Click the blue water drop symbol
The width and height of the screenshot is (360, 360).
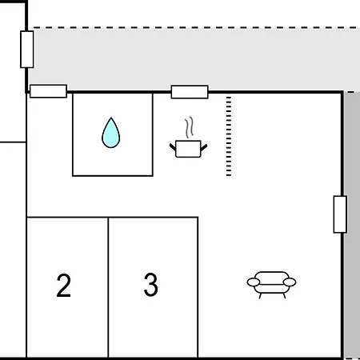[111, 133]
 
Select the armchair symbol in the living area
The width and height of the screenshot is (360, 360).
[271, 285]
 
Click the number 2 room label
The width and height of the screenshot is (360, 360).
[64, 285]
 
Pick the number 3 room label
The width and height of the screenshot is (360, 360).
[151, 285]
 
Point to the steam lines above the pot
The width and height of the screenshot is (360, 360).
[189, 127]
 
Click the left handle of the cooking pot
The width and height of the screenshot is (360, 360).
[173, 147]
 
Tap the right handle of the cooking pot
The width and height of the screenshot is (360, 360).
[204, 147]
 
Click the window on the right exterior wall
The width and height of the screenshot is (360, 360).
[340, 214]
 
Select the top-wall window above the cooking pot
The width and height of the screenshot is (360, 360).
[190, 92]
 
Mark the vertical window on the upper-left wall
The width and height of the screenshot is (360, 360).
[27, 50]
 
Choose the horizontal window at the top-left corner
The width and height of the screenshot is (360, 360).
[48, 91]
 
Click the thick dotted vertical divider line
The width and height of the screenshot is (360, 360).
[229, 136]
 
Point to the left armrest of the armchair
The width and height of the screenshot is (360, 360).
[254, 282]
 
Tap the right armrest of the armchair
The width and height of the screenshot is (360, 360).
[290, 282]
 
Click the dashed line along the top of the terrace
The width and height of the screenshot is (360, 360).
[194, 27]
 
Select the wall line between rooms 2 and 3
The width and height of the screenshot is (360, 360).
[108, 287]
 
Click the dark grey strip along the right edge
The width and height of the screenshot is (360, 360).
[352, 226]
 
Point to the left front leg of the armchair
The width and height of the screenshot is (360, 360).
[260, 296]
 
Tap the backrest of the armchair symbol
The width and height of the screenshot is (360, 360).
[271, 275]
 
